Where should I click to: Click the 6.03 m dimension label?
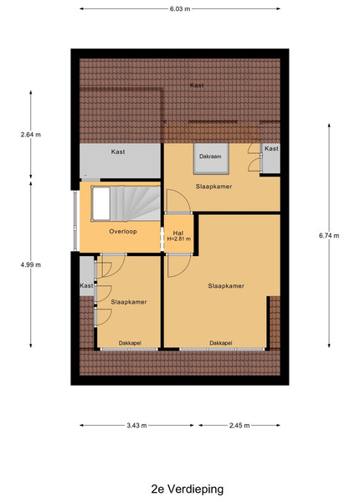(x=180, y=9)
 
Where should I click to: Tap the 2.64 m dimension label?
(x=31, y=135)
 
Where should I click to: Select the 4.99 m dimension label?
(x=31, y=265)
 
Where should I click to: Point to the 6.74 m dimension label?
(x=329, y=236)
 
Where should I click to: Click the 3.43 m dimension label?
(x=136, y=426)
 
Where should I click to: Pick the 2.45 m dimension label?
(x=239, y=426)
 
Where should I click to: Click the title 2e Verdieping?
(x=188, y=489)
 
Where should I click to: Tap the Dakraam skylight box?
(x=211, y=159)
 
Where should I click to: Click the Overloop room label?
(x=123, y=232)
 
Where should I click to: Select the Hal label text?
(x=178, y=233)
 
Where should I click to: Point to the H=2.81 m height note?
(x=178, y=238)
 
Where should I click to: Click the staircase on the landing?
(x=126, y=203)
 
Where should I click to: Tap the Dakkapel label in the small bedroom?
(x=130, y=343)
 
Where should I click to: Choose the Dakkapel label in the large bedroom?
(x=221, y=343)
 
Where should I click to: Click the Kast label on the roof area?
(x=197, y=85)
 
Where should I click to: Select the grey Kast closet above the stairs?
(x=120, y=161)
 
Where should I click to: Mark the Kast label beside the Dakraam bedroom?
(x=271, y=149)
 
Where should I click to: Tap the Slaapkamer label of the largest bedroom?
(x=226, y=286)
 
